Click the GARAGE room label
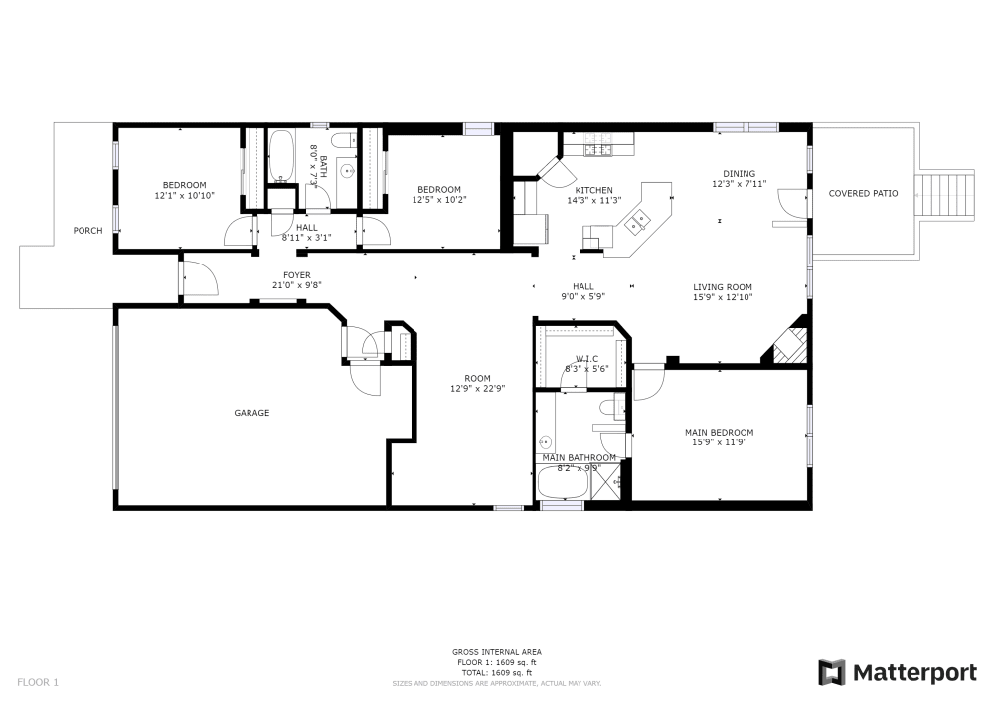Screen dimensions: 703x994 click(251, 413)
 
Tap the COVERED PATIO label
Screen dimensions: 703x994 click(863, 193)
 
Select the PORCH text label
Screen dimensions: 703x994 click(88, 231)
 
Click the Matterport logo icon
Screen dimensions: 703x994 click(832, 673)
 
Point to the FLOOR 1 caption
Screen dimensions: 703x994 click(38, 682)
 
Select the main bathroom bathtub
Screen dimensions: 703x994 click(562, 484)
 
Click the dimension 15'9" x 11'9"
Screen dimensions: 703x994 click(719, 442)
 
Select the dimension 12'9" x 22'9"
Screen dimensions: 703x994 click(477, 389)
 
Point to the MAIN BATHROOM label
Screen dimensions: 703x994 click(579, 457)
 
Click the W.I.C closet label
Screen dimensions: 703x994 click(585, 359)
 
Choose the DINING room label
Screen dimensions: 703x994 click(739, 173)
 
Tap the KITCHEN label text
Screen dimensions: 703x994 click(593, 190)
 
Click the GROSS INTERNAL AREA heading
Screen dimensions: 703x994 click(496, 652)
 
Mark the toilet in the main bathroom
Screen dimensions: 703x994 click(609, 407)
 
